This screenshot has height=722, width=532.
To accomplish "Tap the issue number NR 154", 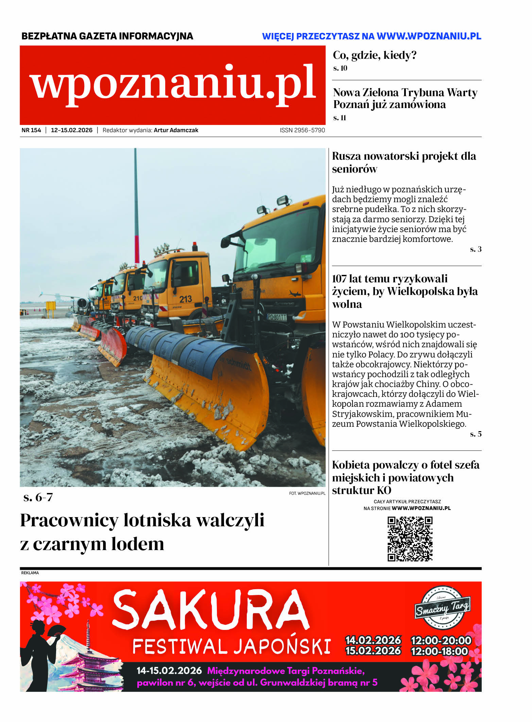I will (31, 130).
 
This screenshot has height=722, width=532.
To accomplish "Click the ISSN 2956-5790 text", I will (302, 130).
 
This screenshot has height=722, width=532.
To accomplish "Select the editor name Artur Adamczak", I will (176, 130).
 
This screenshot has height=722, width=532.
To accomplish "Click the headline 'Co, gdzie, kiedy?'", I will (375, 55).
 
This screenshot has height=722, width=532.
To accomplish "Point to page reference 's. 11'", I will (340, 118).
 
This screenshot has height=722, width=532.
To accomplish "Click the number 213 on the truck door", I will (186, 299).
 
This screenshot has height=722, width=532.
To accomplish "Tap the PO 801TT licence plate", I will (277, 317).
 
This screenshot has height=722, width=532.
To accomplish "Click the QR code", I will (410, 539).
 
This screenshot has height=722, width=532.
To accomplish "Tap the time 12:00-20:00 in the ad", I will (441, 640).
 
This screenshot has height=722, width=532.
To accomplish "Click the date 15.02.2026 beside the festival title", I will (373, 651).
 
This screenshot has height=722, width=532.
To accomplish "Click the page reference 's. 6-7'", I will (38, 497).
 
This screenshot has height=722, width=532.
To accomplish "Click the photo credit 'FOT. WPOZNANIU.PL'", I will (307, 493).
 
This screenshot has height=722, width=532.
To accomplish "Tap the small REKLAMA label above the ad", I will (30, 573).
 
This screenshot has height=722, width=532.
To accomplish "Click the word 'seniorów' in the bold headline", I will (355, 169).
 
